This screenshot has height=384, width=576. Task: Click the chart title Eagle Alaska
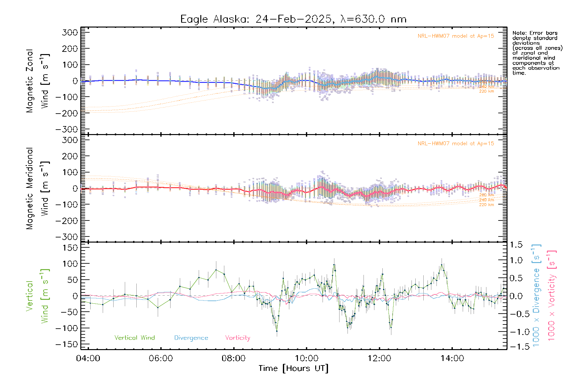tap(293, 19)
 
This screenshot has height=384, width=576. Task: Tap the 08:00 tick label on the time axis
tap(233, 358)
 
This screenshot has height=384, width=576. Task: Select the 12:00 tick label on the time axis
tap(379, 358)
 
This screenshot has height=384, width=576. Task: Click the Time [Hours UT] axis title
tap(293, 368)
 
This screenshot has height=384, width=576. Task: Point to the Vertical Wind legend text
tap(134, 338)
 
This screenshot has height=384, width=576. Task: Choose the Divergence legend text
tap(191, 338)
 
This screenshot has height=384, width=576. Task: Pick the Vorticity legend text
tap(237, 338)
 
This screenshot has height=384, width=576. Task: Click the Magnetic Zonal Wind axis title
tap(37, 81)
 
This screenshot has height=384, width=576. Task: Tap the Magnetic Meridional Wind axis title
tap(37, 188)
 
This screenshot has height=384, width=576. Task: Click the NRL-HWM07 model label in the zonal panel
tap(456, 36)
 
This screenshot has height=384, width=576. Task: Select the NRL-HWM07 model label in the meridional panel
tap(456, 144)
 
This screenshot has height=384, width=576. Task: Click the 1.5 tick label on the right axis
tap(516, 245)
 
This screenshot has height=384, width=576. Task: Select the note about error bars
tap(537, 53)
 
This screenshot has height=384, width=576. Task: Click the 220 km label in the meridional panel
tap(486, 205)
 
